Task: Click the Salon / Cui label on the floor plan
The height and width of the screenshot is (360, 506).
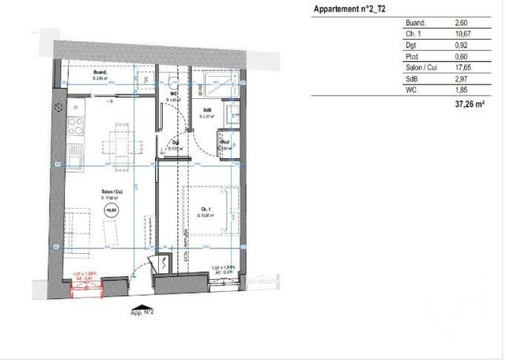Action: point(110,193)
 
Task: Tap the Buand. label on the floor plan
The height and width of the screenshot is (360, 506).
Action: point(100,75)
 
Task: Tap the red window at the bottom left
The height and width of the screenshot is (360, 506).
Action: point(88,289)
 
